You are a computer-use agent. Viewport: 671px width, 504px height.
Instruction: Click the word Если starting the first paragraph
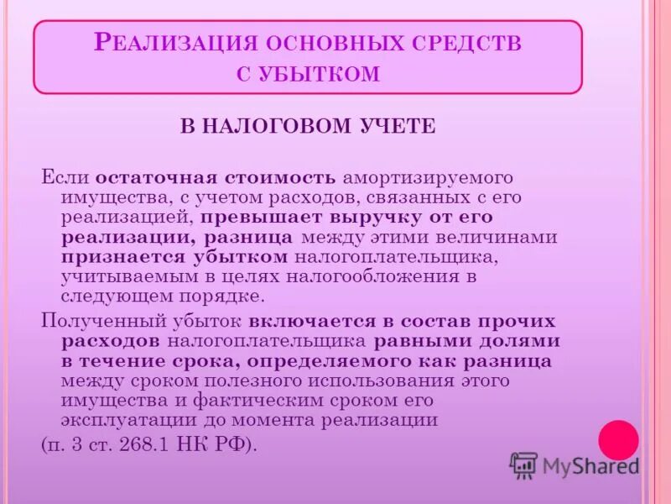(x=65, y=178)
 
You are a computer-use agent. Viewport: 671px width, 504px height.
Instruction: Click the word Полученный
(x=100, y=322)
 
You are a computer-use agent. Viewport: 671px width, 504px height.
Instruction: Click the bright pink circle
(x=618, y=441)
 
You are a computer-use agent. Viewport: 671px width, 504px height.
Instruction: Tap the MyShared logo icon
(x=523, y=465)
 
